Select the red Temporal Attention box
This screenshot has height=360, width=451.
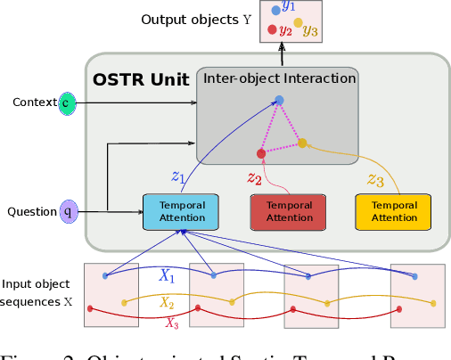point(290,212)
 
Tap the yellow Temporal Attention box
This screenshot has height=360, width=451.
point(393,212)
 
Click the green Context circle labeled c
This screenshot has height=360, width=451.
point(68,103)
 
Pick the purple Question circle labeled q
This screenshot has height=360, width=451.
point(68,212)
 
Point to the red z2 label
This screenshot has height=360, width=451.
point(255,177)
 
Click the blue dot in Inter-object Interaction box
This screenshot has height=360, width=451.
point(279,100)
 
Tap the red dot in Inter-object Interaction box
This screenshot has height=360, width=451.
point(261,152)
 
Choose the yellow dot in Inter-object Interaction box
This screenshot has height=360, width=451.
point(302,143)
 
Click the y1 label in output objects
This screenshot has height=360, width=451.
point(288,6)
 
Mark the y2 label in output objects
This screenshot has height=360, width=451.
point(285,29)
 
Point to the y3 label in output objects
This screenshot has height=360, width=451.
point(310,32)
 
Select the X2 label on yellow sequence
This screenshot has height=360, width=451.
point(167,304)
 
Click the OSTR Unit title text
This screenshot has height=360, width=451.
point(141,79)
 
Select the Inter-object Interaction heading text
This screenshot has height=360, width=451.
point(279,78)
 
